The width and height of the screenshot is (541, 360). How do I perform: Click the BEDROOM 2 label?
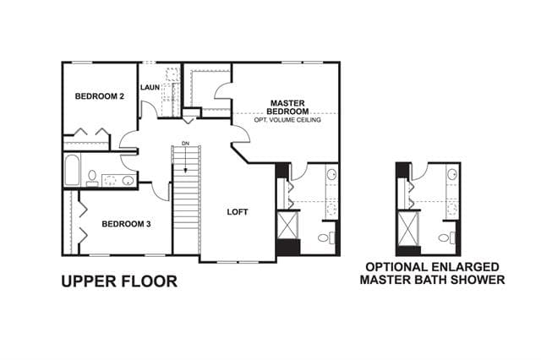pyautogui.click(x=100, y=96)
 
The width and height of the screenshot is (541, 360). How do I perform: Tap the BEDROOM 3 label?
pyautogui.click(x=126, y=224)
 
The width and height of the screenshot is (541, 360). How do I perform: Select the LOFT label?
pyautogui.click(x=238, y=212)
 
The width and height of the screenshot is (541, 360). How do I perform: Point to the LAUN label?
pyautogui.click(x=150, y=88)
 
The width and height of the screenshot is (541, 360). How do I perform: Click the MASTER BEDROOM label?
pyautogui.click(x=287, y=107)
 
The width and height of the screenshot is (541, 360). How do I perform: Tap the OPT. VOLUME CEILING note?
pyautogui.click(x=287, y=120)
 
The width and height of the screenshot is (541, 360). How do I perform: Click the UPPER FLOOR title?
pyautogui.click(x=119, y=281)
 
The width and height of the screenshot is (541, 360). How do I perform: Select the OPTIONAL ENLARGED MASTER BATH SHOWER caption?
pyautogui.click(x=432, y=273)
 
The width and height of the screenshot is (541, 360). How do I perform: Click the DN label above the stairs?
pyautogui.click(x=186, y=143)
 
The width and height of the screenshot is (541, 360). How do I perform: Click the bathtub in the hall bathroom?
pyautogui.click(x=72, y=170)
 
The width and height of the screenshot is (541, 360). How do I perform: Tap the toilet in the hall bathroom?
pyautogui.click(x=92, y=178)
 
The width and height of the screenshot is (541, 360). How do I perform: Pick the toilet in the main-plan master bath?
pyautogui.click(x=326, y=237)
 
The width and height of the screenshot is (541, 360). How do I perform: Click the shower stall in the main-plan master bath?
pyautogui.click(x=287, y=225)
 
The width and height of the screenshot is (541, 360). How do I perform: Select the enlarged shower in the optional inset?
pyautogui.click(x=408, y=229)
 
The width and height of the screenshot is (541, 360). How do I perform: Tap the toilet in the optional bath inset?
pyautogui.click(x=447, y=237)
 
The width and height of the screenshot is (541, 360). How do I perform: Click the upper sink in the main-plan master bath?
pyautogui.click(x=332, y=174)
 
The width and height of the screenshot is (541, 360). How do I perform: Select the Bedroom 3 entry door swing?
pyautogui.click(x=161, y=191)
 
